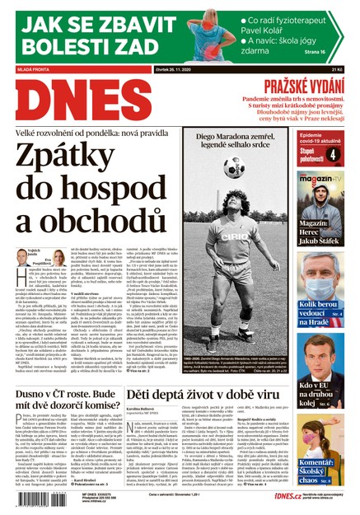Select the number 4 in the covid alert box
334,153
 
